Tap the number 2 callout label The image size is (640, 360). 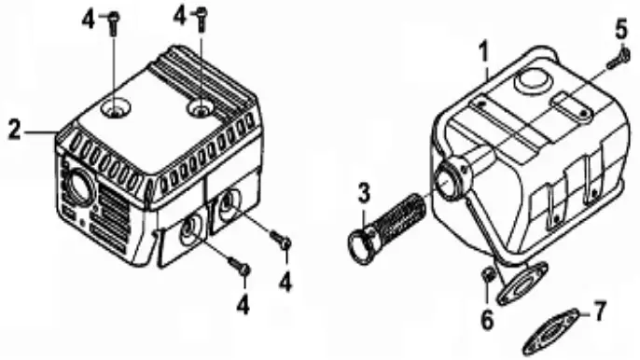14,130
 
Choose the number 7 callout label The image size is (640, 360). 600,307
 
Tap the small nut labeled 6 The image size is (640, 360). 486,276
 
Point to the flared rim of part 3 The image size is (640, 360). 358,244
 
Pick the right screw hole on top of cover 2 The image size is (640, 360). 200,109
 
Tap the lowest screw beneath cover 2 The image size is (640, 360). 243,270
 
